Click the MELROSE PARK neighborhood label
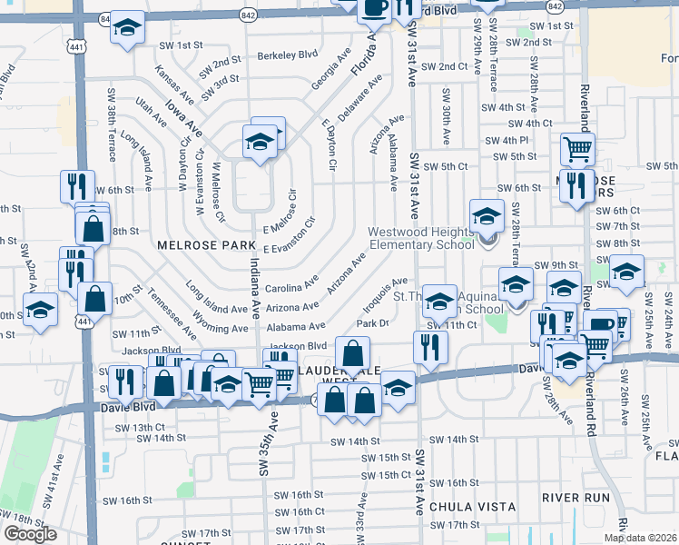(x=202, y=245)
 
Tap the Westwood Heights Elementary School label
(x=421, y=238)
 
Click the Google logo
(x=30, y=534)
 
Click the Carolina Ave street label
(x=290, y=287)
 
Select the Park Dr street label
(x=373, y=322)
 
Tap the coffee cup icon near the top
(x=373, y=8)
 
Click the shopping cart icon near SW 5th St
(x=577, y=148)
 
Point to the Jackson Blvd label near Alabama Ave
(x=297, y=346)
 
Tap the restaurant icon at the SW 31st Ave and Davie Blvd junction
(x=430, y=346)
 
